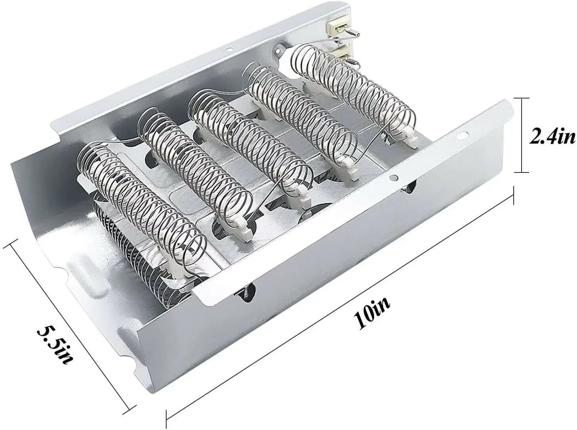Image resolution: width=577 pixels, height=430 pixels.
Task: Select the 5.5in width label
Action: point(55,339)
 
